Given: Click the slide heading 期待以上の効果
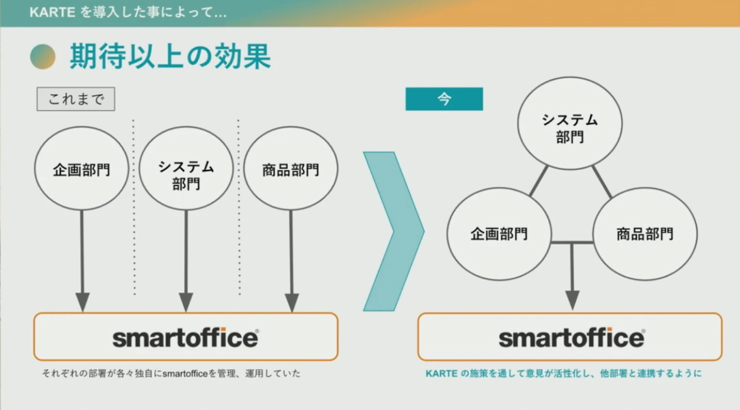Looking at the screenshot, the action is pyautogui.click(x=170, y=56).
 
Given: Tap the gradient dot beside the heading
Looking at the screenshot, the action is pyautogui.click(x=42, y=56).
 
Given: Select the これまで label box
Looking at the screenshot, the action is pyautogui.click(x=76, y=99).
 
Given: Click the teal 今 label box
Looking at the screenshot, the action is pyautogui.click(x=444, y=99).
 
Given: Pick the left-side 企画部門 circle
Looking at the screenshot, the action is pyautogui.click(x=81, y=168).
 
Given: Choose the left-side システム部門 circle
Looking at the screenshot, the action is pyautogui.click(x=186, y=168).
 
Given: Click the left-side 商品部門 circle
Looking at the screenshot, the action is pyautogui.click(x=291, y=168).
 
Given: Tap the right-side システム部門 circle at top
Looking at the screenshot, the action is pyautogui.click(x=569, y=123).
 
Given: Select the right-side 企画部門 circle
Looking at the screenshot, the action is pyautogui.click(x=499, y=234).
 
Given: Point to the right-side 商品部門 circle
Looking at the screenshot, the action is pyautogui.click(x=645, y=234).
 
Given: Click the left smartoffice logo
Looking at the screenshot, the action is pyautogui.click(x=185, y=338).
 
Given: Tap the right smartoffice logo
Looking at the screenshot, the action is pyautogui.click(x=571, y=338).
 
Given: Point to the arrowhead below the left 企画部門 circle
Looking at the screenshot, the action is pyautogui.click(x=82, y=302).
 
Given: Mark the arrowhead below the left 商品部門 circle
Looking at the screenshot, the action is pyautogui.click(x=291, y=302).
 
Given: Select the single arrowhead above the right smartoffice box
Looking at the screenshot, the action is pyautogui.click(x=572, y=300).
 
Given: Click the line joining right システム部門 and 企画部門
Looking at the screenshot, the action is pyautogui.click(x=539, y=181).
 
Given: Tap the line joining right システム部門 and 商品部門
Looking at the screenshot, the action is pyautogui.click(x=602, y=182).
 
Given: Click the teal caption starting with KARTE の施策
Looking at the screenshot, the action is pyautogui.click(x=563, y=373).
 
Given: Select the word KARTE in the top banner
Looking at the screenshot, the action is pyautogui.click(x=52, y=13).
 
